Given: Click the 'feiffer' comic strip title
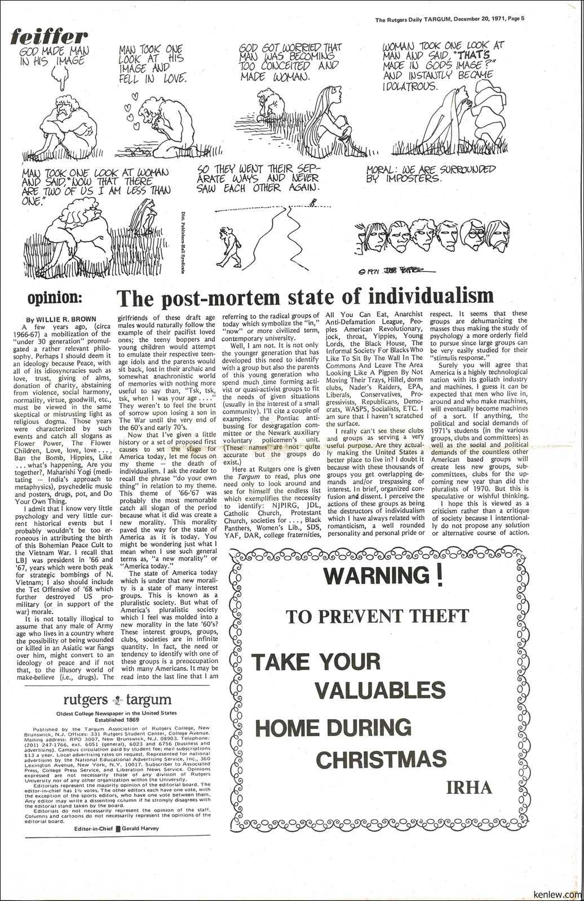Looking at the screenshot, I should (50, 37).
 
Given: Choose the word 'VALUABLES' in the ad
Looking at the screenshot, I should (379, 690).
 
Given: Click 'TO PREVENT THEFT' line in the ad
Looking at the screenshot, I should (377, 616).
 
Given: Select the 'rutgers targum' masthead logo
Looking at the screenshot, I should (117, 700).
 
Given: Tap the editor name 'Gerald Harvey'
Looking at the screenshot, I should (141, 828).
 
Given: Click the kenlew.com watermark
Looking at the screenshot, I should (556, 894).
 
